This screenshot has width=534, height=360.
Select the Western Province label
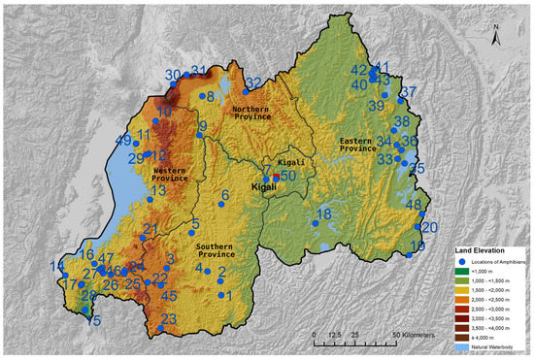(170, 174)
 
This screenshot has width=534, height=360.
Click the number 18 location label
(323, 213)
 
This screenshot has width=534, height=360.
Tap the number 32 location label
(252, 82)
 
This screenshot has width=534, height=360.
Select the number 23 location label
(169, 319)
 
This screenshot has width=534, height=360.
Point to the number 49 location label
(123, 141)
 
